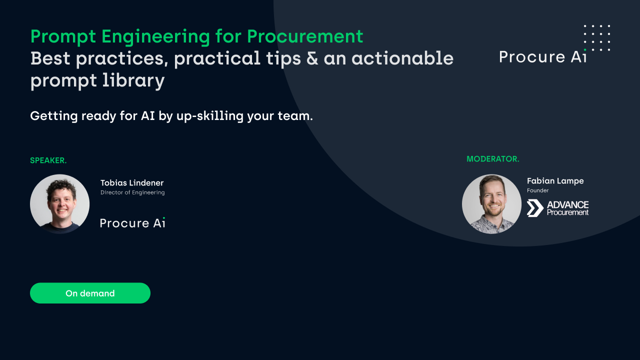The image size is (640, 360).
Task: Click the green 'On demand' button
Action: [x=90, y=293]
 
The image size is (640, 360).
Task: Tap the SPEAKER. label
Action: [x=48, y=160]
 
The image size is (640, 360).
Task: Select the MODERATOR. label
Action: [x=492, y=159]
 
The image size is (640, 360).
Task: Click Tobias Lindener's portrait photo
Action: [x=60, y=204]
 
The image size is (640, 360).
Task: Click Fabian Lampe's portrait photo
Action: [x=491, y=204]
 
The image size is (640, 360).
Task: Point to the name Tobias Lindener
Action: [x=132, y=183]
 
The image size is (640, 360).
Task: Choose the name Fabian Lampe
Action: [x=555, y=181]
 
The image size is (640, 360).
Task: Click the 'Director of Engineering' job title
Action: [x=132, y=192]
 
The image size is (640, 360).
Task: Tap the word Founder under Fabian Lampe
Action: [x=537, y=190]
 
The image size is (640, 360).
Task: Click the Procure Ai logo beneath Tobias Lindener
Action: [x=132, y=223]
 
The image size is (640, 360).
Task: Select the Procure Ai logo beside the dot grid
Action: [x=542, y=56]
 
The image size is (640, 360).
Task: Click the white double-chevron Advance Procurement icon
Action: [x=535, y=208]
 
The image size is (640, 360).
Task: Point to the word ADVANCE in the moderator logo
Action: [x=567, y=205]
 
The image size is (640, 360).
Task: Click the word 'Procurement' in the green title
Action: [x=305, y=36]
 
